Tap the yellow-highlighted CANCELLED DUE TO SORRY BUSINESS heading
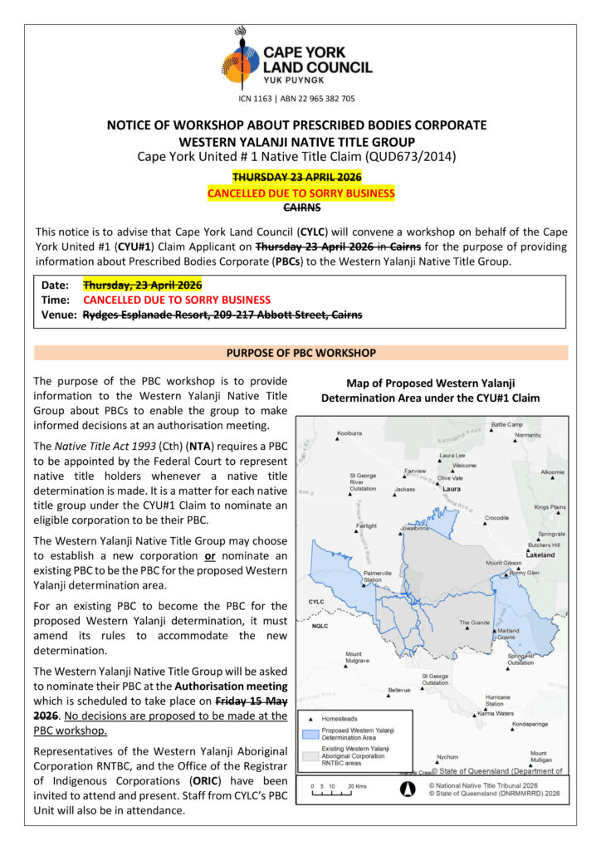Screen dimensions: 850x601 pos(300,193)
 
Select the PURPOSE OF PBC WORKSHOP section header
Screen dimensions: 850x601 pos(300,353)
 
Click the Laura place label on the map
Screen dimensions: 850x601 pos(452,489)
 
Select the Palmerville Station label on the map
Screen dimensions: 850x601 pos(378,576)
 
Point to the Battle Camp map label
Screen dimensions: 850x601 pos(506,425)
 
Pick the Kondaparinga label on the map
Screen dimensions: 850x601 pos(531,724)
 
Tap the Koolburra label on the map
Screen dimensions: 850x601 pos(349,433)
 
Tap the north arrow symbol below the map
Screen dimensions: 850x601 pos(408,789)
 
